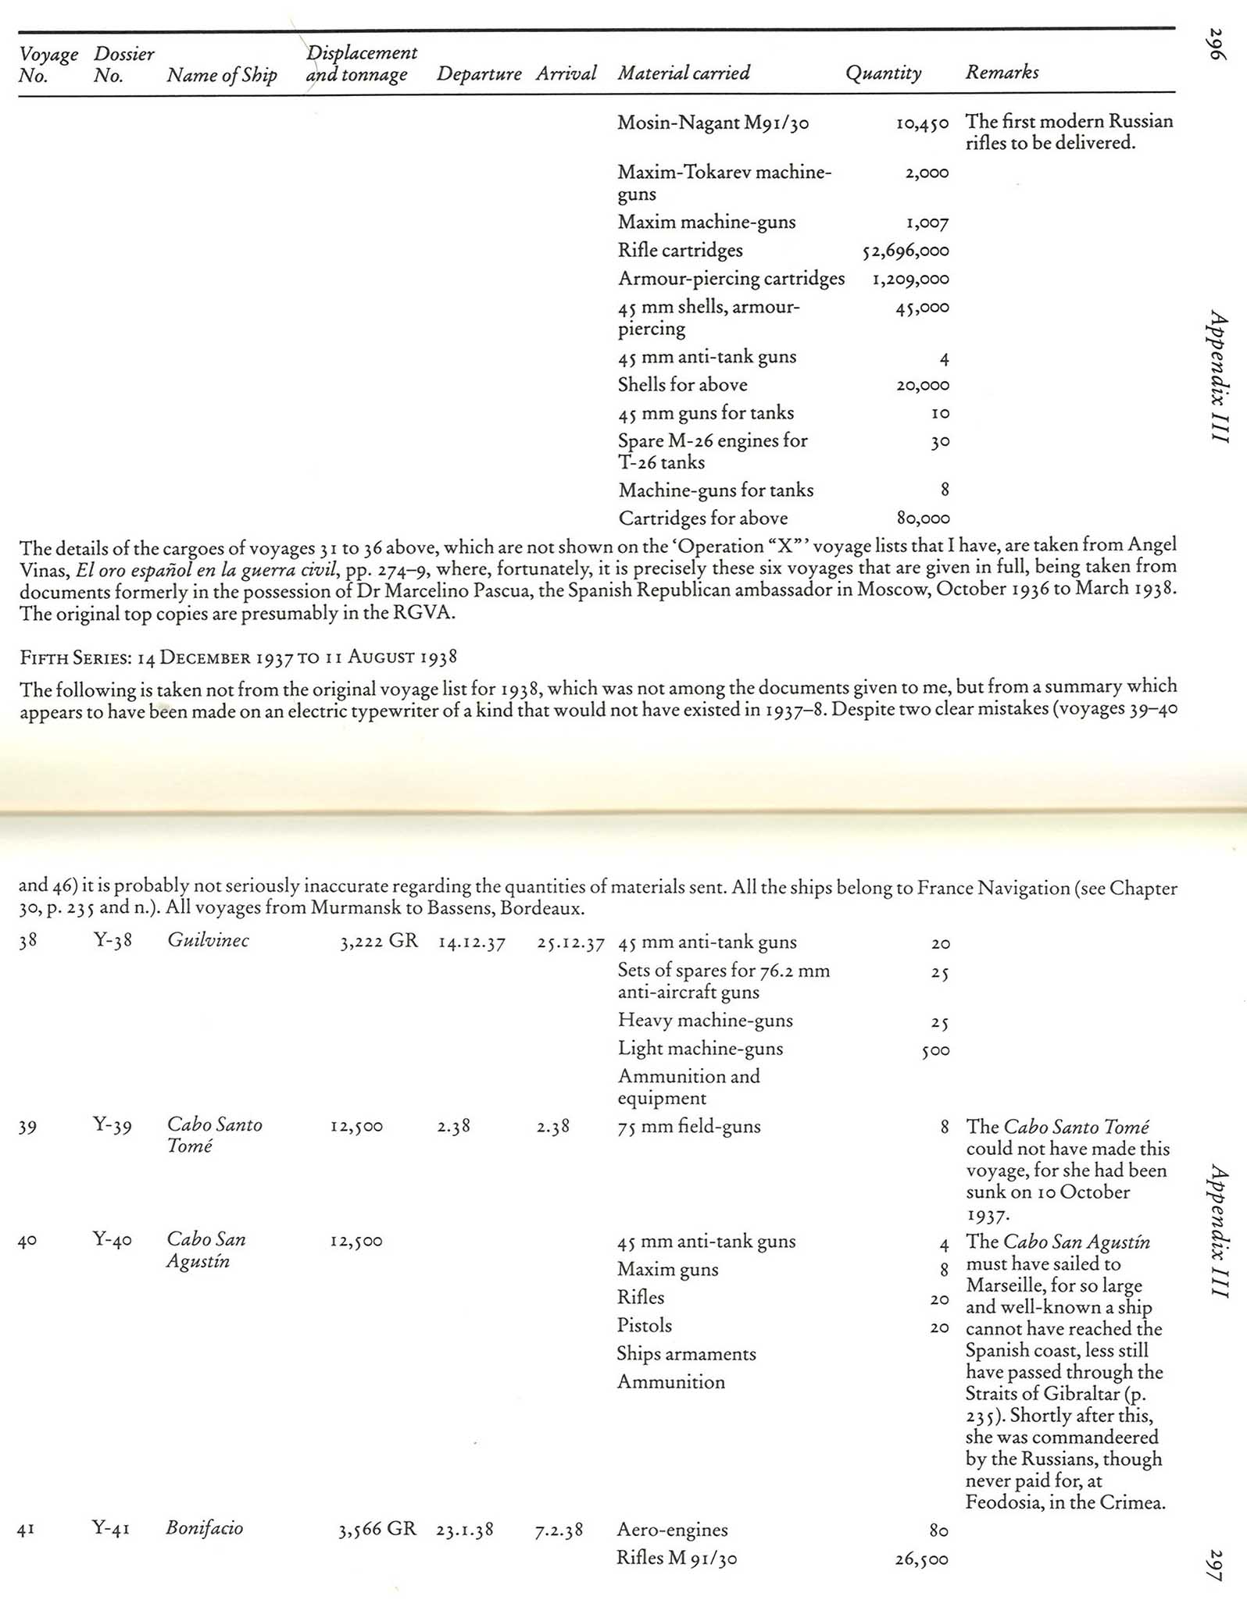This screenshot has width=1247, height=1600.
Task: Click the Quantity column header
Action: coord(883,73)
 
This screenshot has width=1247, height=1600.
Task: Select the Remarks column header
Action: coord(1002,73)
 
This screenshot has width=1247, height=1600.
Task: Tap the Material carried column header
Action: coord(684,73)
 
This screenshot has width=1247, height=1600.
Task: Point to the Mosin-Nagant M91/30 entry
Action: coord(713,123)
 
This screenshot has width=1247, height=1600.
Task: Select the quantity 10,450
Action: coord(922,123)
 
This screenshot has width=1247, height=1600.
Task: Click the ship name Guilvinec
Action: coord(208,940)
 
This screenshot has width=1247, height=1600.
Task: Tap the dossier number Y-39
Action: coord(113,1125)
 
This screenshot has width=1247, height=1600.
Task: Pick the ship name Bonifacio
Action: coord(204,1528)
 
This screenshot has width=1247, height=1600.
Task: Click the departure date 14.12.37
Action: coord(471,943)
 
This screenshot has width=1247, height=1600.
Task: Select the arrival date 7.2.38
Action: coord(559,1530)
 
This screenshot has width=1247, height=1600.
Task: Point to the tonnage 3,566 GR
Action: coord(377,1529)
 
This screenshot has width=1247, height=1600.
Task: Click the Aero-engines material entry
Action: coord(672,1530)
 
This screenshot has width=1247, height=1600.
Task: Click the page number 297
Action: coord(1216,1564)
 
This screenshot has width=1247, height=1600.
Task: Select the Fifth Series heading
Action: coord(238,657)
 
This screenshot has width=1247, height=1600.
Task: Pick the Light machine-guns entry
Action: coord(700,1049)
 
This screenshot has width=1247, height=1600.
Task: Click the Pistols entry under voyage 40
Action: coord(644,1326)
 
